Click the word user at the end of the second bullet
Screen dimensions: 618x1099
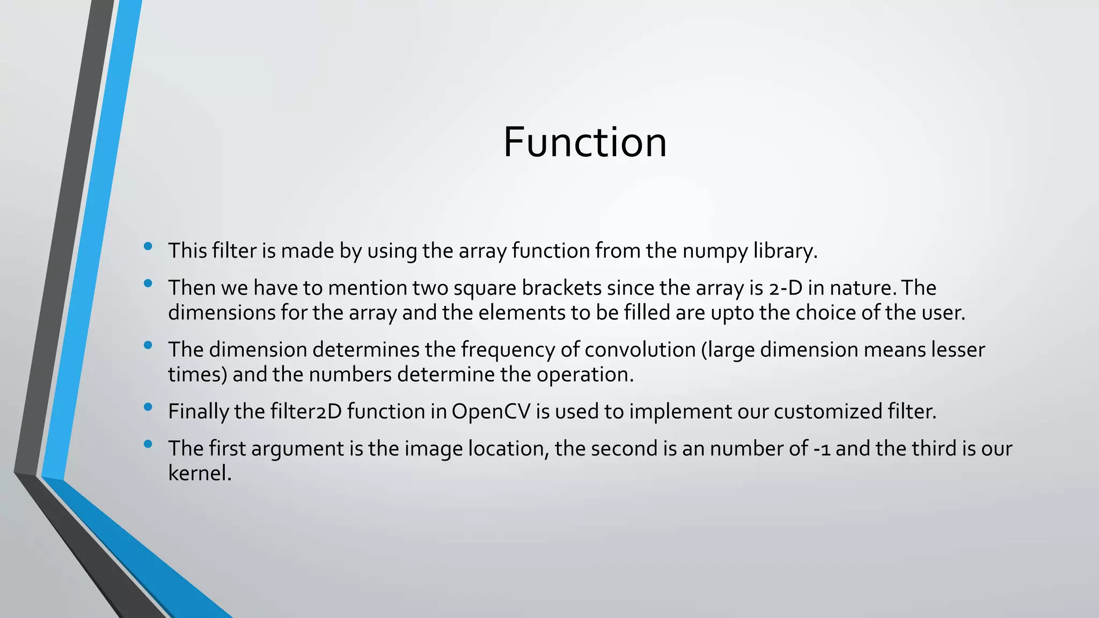[x=942, y=312]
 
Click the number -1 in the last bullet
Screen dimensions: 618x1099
[x=822, y=449]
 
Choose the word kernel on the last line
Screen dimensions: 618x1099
[x=199, y=473]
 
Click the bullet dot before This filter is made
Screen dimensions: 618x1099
[x=148, y=247]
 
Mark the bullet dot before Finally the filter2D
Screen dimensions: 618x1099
[x=148, y=407]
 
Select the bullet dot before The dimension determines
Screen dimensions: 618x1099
[x=148, y=345]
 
